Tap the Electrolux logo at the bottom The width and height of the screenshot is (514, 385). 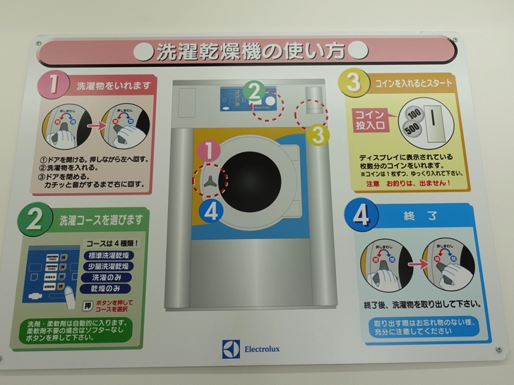click(x=253, y=349)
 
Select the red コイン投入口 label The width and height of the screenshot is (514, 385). click(x=369, y=121)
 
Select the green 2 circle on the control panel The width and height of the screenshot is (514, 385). click(x=255, y=91)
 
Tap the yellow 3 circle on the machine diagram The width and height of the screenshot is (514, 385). click(x=318, y=133)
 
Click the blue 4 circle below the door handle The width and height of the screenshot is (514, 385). click(x=212, y=211)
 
